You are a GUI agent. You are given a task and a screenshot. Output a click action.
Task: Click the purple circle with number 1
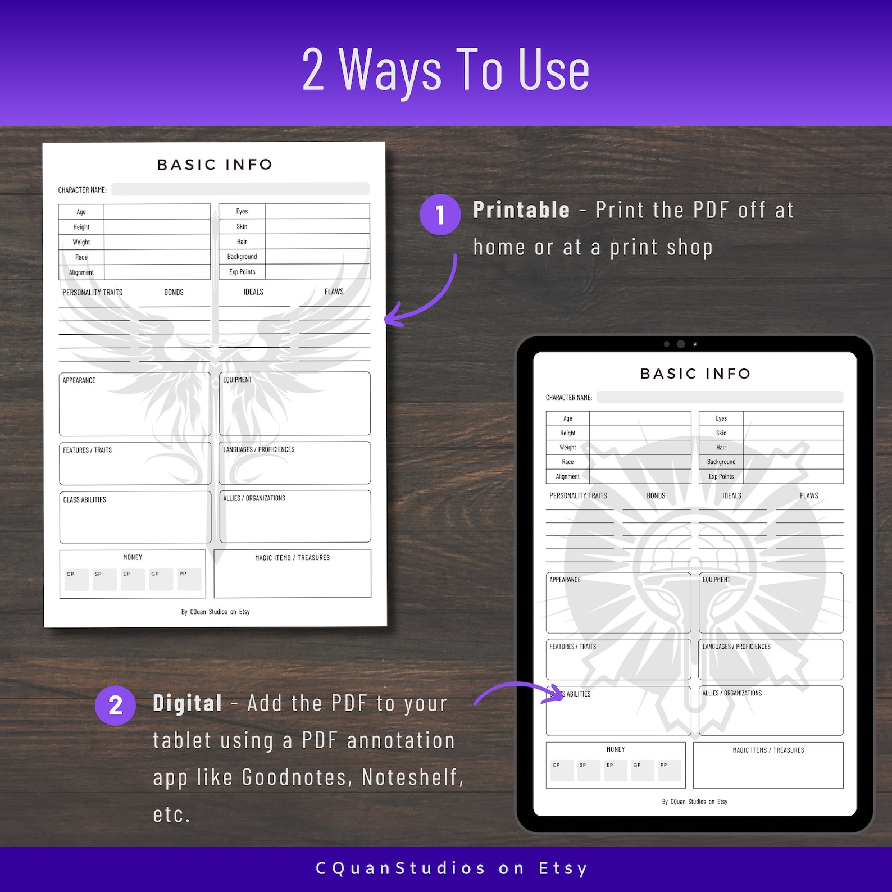pyautogui.click(x=440, y=215)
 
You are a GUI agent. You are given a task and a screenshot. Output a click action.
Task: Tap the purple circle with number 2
pyautogui.click(x=115, y=705)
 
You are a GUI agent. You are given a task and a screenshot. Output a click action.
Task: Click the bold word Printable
pyautogui.click(x=521, y=210)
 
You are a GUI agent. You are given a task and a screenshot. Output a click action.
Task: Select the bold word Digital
pyautogui.click(x=188, y=703)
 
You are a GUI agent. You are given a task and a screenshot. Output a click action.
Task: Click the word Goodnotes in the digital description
pyautogui.click(x=297, y=777)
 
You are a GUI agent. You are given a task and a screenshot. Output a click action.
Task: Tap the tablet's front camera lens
pyautogui.click(x=680, y=344)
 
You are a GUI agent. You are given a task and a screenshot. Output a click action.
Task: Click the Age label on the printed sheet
pyautogui.click(x=81, y=212)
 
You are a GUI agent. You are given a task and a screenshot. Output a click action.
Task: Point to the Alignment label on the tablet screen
pyautogui.click(x=567, y=476)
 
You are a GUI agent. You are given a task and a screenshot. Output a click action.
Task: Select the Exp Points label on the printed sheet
pyautogui.click(x=242, y=272)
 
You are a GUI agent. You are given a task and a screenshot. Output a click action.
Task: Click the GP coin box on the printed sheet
pyautogui.click(x=161, y=579)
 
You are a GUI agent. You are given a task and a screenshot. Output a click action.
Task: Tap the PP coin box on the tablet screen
pyautogui.click(x=670, y=770)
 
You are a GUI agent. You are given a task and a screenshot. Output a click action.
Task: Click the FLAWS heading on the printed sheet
pyautogui.click(x=334, y=292)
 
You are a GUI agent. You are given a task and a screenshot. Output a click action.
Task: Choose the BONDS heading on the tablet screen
pyautogui.click(x=656, y=495)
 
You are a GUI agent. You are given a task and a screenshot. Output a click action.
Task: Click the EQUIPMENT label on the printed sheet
pyautogui.click(x=238, y=380)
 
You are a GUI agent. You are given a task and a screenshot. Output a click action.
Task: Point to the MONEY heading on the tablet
pyautogui.click(x=616, y=749)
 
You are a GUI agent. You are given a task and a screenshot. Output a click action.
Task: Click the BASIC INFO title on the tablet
pyautogui.click(x=695, y=374)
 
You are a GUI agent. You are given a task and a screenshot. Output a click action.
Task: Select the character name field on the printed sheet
pyautogui.click(x=240, y=189)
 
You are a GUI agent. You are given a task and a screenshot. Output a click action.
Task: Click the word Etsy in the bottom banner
pyautogui.click(x=563, y=868)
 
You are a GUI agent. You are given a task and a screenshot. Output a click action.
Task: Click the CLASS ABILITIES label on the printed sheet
pyautogui.click(x=84, y=499)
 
